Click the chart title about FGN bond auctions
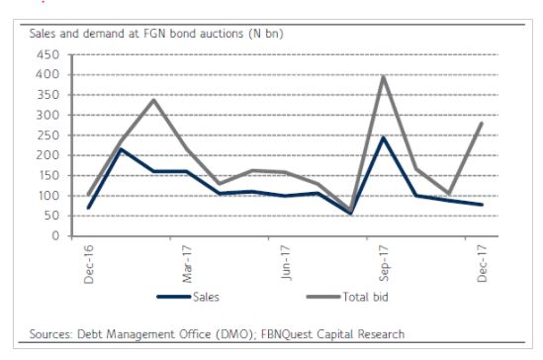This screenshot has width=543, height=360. (x=156, y=34)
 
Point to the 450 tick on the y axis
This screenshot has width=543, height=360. (x=47, y=54)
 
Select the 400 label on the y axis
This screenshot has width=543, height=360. (x=47, y=75)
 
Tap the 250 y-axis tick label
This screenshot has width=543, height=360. (x=47, y=135)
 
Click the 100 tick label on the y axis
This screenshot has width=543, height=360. (x=47, y=196)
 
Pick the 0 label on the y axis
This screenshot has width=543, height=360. (x=55, y=236)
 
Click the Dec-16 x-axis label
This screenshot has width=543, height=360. (x=89, y=264)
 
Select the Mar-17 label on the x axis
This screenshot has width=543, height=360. (x=187, y=264)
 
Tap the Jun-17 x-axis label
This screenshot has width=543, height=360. (x=286, y=263)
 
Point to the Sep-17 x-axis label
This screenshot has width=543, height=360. (x=384, y=264)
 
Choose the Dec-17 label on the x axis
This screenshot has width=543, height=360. (x=482, y=263)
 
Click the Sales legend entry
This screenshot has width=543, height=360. (x=188, y=297)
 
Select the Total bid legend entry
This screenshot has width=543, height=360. (x=347, y=297)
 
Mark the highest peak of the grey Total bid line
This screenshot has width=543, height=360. (x=384, y=76)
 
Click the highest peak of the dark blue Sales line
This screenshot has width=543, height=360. (x=383, y=137)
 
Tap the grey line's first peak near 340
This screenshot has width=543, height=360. (x=153, y=100)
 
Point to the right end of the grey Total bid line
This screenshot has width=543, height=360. (x=482, y=123)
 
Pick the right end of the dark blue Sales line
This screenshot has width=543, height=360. (x=482, y=205)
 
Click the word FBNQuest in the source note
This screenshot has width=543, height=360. (x=287, y=334)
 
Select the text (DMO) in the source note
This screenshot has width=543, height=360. (x=234, y=334)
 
